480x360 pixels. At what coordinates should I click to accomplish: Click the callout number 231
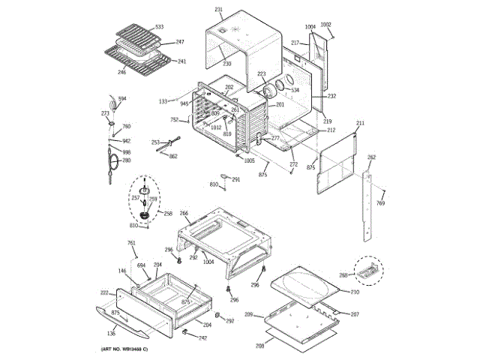(219, 9)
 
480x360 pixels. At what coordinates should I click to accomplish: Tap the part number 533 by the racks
(159, 27)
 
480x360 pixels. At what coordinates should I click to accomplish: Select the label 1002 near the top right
(325, 24)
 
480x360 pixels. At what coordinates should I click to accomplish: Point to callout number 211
(360, 122)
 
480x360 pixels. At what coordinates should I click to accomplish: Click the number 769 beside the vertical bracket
(380, 204)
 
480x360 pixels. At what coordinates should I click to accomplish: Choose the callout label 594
(121, 99)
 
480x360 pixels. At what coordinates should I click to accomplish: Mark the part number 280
(126, 160)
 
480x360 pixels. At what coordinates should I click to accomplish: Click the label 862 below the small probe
(173, 156)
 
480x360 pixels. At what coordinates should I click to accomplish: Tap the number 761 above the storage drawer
(131, 243)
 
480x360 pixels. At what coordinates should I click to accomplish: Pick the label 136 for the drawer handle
(112, 333)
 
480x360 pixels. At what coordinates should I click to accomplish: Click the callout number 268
(343, 275)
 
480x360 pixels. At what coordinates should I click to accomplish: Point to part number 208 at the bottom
(259, 346)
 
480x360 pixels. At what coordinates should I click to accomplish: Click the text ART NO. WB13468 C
(124, 350)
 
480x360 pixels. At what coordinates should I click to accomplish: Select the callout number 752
(174, 120)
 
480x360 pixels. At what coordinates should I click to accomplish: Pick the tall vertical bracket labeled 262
(367, 206)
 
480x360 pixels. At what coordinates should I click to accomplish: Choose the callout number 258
(168, 213)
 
